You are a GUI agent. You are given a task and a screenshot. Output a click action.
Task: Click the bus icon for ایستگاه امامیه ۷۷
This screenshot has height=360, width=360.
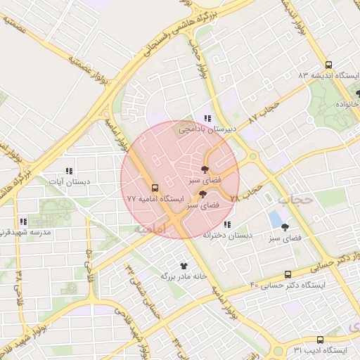click(x=155, y=188)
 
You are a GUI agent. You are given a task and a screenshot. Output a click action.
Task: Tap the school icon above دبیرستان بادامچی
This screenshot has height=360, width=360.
click(x=207, y=118)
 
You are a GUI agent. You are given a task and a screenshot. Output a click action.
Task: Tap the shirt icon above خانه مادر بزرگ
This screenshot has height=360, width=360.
click(x=184, y=266)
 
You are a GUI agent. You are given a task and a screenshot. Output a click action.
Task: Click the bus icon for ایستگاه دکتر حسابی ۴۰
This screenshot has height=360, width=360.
click(x=288, y=274)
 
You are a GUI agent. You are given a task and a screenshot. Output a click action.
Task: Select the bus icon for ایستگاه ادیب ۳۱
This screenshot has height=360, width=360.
click(x=320, y=340)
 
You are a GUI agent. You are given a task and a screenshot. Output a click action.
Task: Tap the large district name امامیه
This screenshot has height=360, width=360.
click(x=149, y=229)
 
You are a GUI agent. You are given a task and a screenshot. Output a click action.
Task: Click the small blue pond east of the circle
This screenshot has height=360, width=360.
click(x=274, y=219)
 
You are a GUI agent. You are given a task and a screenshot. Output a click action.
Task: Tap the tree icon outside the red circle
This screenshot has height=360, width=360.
click(x=285, y=227)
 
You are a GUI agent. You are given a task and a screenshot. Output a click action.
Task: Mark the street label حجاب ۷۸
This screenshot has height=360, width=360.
click(x=247, y=193)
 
